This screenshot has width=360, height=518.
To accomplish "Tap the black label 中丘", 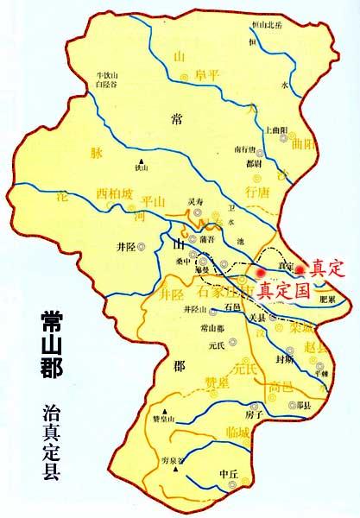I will tap(228, 473).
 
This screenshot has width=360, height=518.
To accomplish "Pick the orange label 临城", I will tap(235, 431).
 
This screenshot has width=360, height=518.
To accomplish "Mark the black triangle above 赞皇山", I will tap(163, 410).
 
